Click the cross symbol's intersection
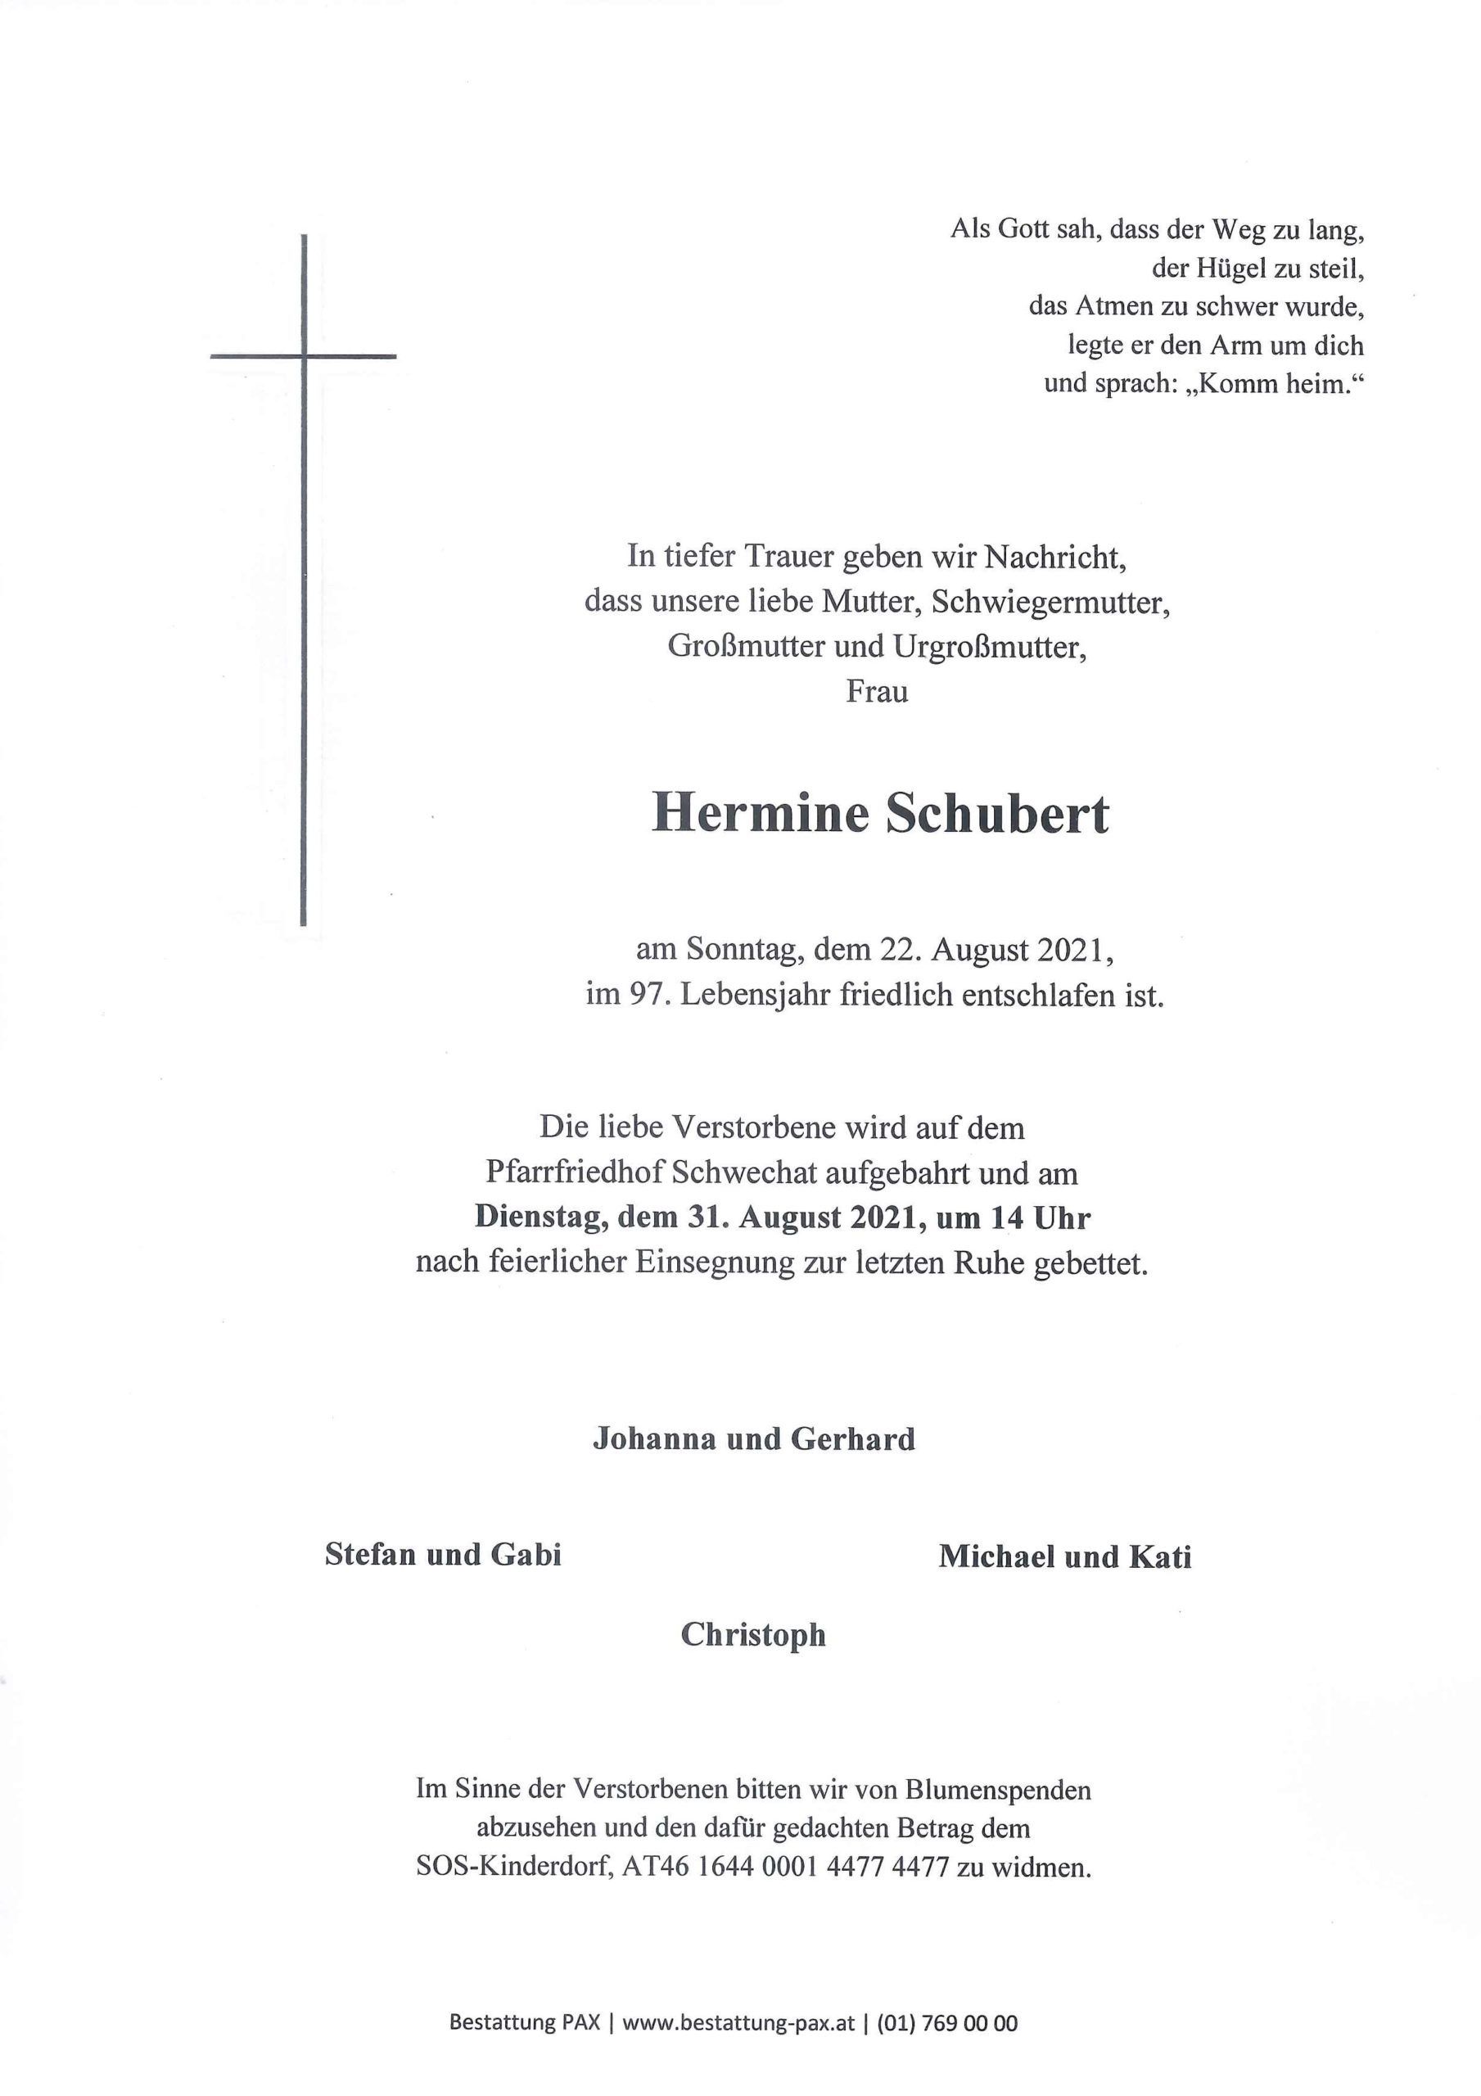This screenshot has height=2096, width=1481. pyautogui.click(x=303, y=355)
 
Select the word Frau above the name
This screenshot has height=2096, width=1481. pyautogui.click(x=877, y=692)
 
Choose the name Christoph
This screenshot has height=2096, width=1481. pyautogui.click(x=753, y=1635)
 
